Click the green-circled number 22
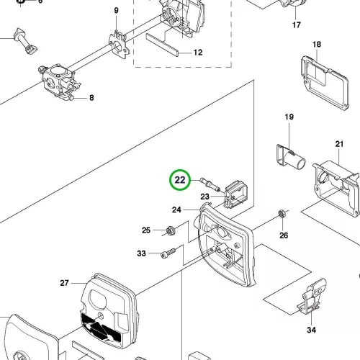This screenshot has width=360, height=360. [180, 180]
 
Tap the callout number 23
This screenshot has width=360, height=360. [204, 197]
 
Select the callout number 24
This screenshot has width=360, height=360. [176, 210]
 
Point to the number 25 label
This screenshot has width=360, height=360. [146, 230]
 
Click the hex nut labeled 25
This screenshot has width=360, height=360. [171, 230]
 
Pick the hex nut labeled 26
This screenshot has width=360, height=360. [282, 213]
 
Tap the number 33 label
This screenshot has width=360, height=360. [141, 253]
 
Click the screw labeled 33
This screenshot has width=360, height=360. [168, 253]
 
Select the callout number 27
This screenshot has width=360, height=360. [64, 283]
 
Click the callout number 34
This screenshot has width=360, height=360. [311, 330]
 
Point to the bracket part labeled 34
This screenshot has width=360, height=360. [312, 296]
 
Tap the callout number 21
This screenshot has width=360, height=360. [339, 144]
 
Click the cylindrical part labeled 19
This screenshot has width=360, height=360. [291, 157]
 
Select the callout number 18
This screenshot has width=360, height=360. [317, 45]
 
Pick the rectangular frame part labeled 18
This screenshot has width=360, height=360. [325, 83]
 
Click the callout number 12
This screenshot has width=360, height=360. [198, 53]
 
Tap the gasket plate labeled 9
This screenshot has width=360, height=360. [117, 45]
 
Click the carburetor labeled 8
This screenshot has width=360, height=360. [59, 81]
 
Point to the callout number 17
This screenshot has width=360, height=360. [297, 25]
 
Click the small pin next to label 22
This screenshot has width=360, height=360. [210, 184]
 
